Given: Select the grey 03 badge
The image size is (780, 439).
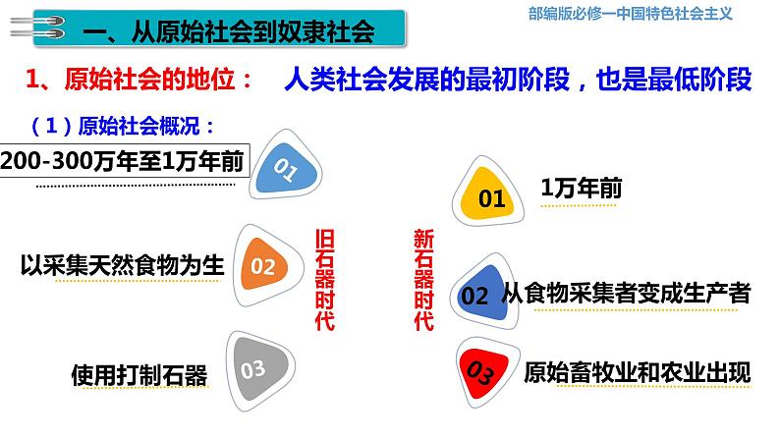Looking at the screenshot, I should click(x=253, y=368).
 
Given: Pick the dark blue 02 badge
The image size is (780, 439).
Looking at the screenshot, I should click(x=478, y=294).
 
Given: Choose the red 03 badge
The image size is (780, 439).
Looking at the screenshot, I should click(x=483, y=372).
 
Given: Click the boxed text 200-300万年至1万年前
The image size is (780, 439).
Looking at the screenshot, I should click(x=122, y=163).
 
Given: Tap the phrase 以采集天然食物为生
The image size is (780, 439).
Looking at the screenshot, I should click(x=124, y=265).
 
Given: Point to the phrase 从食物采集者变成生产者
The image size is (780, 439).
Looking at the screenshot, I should click(x=627, y=292).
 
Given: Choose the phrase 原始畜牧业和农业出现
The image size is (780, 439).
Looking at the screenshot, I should click(x=638, y=372).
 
